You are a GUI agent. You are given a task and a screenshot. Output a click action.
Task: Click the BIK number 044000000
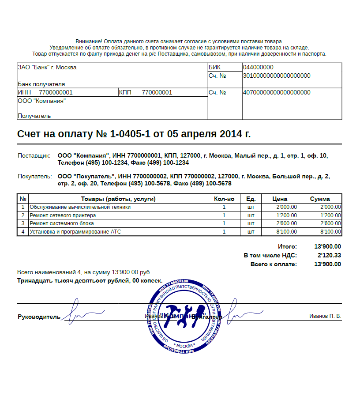(x=258, y=68)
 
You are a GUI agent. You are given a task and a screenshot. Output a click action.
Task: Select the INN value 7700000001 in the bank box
(x=56, y=93)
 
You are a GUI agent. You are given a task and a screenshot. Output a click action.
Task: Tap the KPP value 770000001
(x=157, y=93)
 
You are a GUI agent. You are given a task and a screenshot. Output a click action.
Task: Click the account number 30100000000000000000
(x=277, y=76)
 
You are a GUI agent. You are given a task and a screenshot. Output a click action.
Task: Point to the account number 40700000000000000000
(x=277, y=93)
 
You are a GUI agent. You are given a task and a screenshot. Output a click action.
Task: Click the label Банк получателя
(x=41, y=84)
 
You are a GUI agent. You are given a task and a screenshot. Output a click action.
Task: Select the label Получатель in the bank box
(x=34, y=116)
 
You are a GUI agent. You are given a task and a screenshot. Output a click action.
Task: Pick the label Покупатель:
(x=35, y=177)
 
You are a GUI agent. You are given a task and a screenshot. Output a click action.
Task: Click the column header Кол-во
(x=224, y=199)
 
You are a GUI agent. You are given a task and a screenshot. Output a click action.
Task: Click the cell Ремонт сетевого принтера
(x=63, y=215)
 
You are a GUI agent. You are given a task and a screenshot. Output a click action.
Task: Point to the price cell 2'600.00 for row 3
(x=286, y=223)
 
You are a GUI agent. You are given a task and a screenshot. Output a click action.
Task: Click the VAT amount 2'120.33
(x=329, y=255)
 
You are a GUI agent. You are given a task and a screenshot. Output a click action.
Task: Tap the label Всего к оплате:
(x=274, y=264)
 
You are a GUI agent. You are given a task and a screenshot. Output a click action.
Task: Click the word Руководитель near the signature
(x=38, y=317)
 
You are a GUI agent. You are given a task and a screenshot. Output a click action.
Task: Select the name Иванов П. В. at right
(x=325, y=316)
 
